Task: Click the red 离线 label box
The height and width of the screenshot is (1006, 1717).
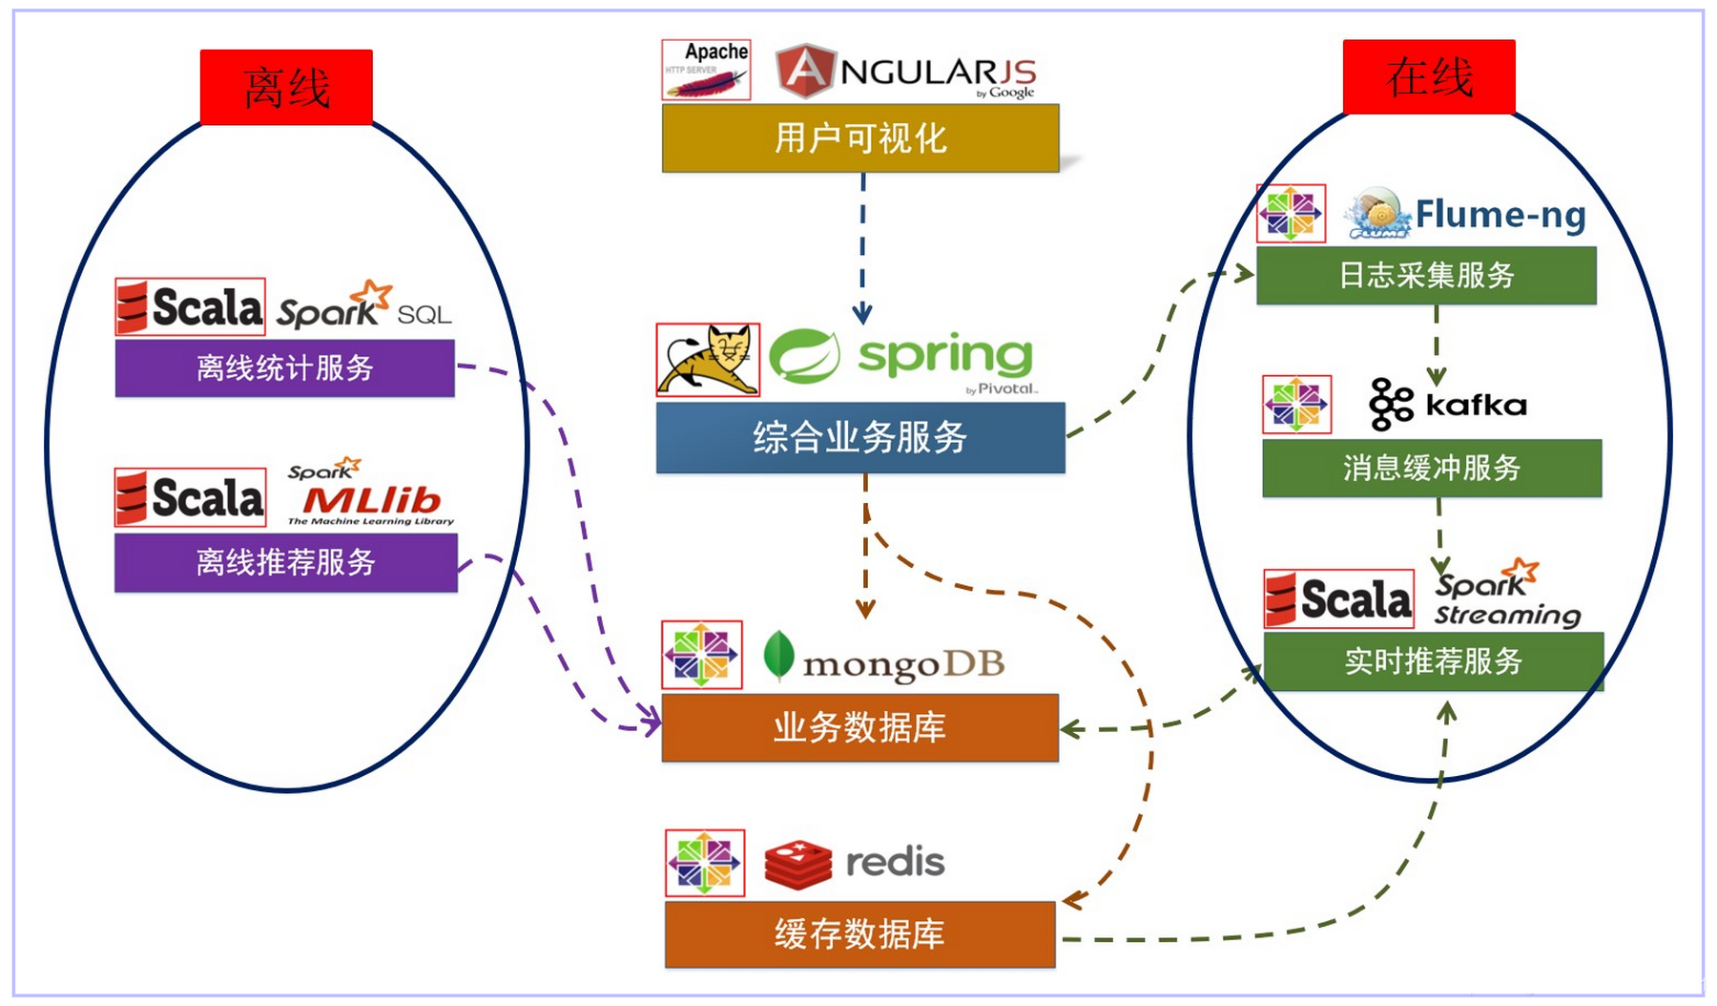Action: point(286,88)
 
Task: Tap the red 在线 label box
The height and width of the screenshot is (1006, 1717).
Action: point(1429,77)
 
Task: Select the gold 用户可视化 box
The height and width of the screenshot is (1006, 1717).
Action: point(860,138)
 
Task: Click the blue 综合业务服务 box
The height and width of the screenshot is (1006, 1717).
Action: point(860,438)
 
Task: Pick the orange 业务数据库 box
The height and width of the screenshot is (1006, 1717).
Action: point(860,727)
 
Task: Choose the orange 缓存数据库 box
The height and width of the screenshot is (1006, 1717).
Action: point(860,934)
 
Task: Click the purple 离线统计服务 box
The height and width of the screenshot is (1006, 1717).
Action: point(284,367)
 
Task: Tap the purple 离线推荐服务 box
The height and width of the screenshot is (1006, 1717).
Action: point(285,562)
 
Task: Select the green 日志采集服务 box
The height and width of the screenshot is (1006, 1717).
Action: point(1426,276)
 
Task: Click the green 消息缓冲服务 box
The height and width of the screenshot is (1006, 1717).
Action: point(1432,468)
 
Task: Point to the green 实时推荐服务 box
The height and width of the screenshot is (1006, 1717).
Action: point(1433,660)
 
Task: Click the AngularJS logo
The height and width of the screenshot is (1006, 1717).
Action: point(906,72)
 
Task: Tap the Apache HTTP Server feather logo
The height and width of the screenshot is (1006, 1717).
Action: point(706,70)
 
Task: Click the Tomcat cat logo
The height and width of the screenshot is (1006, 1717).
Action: point(709,360)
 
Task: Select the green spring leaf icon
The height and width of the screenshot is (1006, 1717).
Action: point(804,356)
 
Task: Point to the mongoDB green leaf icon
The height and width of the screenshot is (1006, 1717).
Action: point(778,656)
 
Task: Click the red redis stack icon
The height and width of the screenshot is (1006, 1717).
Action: point(798,863)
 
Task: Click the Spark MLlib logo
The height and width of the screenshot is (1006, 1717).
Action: point(370,493)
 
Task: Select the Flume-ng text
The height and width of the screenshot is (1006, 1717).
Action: point(1500,215)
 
